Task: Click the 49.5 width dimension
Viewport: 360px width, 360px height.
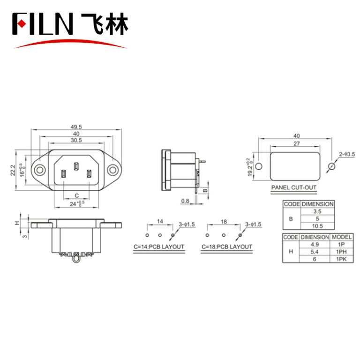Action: click(77, 127)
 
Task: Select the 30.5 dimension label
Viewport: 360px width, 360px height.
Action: click(77, 140)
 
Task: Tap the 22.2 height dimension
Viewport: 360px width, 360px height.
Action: click(14, 170)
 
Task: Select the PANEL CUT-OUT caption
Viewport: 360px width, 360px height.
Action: click(294, 188)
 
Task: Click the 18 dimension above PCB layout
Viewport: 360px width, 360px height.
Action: click(224, 221)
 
